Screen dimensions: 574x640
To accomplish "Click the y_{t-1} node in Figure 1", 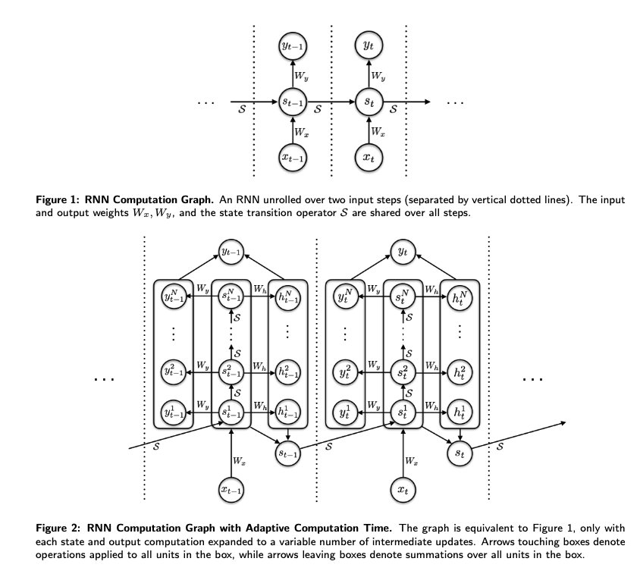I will [x=293, y=48].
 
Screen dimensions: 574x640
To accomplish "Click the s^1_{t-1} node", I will [x=231, y=413].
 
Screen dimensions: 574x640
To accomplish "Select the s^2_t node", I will [x=402, y=372].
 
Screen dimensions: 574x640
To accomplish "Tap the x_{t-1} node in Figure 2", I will [x=231, y=491].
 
